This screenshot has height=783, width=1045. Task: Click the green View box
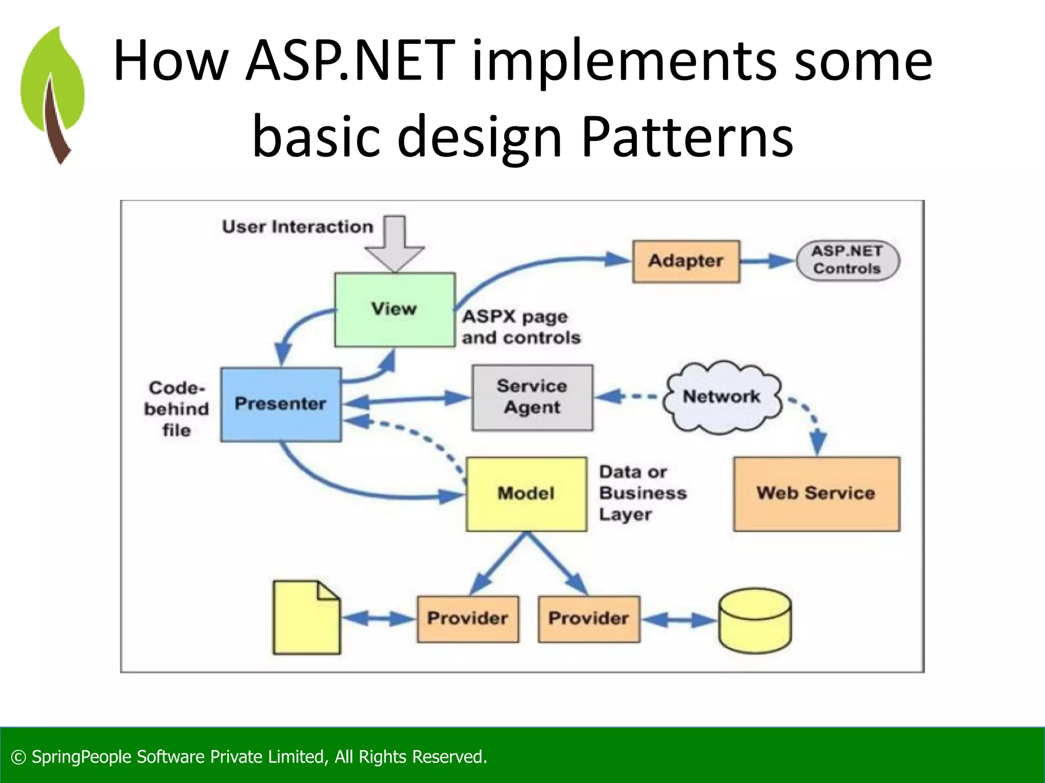pyautogui.click(x=394, y=309)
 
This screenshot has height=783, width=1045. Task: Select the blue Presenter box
pyautogui.click(x=281, y=404)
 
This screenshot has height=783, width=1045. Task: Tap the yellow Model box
pyautogui.click(x=526, y=493)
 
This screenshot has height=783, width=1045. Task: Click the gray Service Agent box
pyautogui.click(x=532, y=397)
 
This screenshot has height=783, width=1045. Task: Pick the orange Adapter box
pyautogui.click(x=686, y=261)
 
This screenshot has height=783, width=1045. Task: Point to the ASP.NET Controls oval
pyautogui.click(x=848, y=260)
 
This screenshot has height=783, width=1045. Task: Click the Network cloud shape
pyautogui.click(x=721, y=397)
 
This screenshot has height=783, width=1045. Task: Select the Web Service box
pyautogui.click(x=816, y=493)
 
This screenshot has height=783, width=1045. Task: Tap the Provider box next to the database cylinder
pyautogui.click(x=588, y=618)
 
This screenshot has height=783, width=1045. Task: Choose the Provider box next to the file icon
pyautogui.click(x=467, y=618)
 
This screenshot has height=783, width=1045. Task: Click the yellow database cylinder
pyautogui.click(x=755, y=620)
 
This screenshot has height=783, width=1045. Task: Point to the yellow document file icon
pyautogui.click(x=306, y=618)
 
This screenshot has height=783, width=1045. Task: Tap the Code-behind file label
pyautogui.click(x=177, y=409)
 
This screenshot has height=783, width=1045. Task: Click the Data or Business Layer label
pyautogui.click(x=642, y=493)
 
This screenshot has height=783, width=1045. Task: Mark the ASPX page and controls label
pyautogui.click(x=520, y=327)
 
